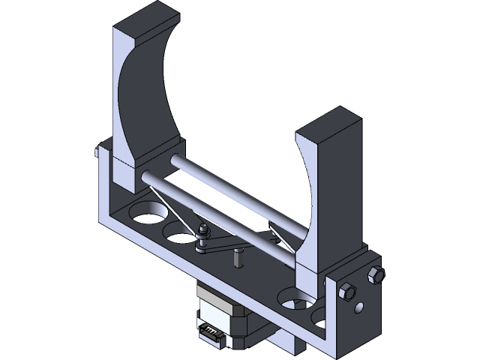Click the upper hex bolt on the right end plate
tap(376, 274)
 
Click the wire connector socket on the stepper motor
tap(211, 330)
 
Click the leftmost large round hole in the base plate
tap(147, 213)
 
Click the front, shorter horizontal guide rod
tap(217, 217)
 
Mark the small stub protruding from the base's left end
tap(98, 153)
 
